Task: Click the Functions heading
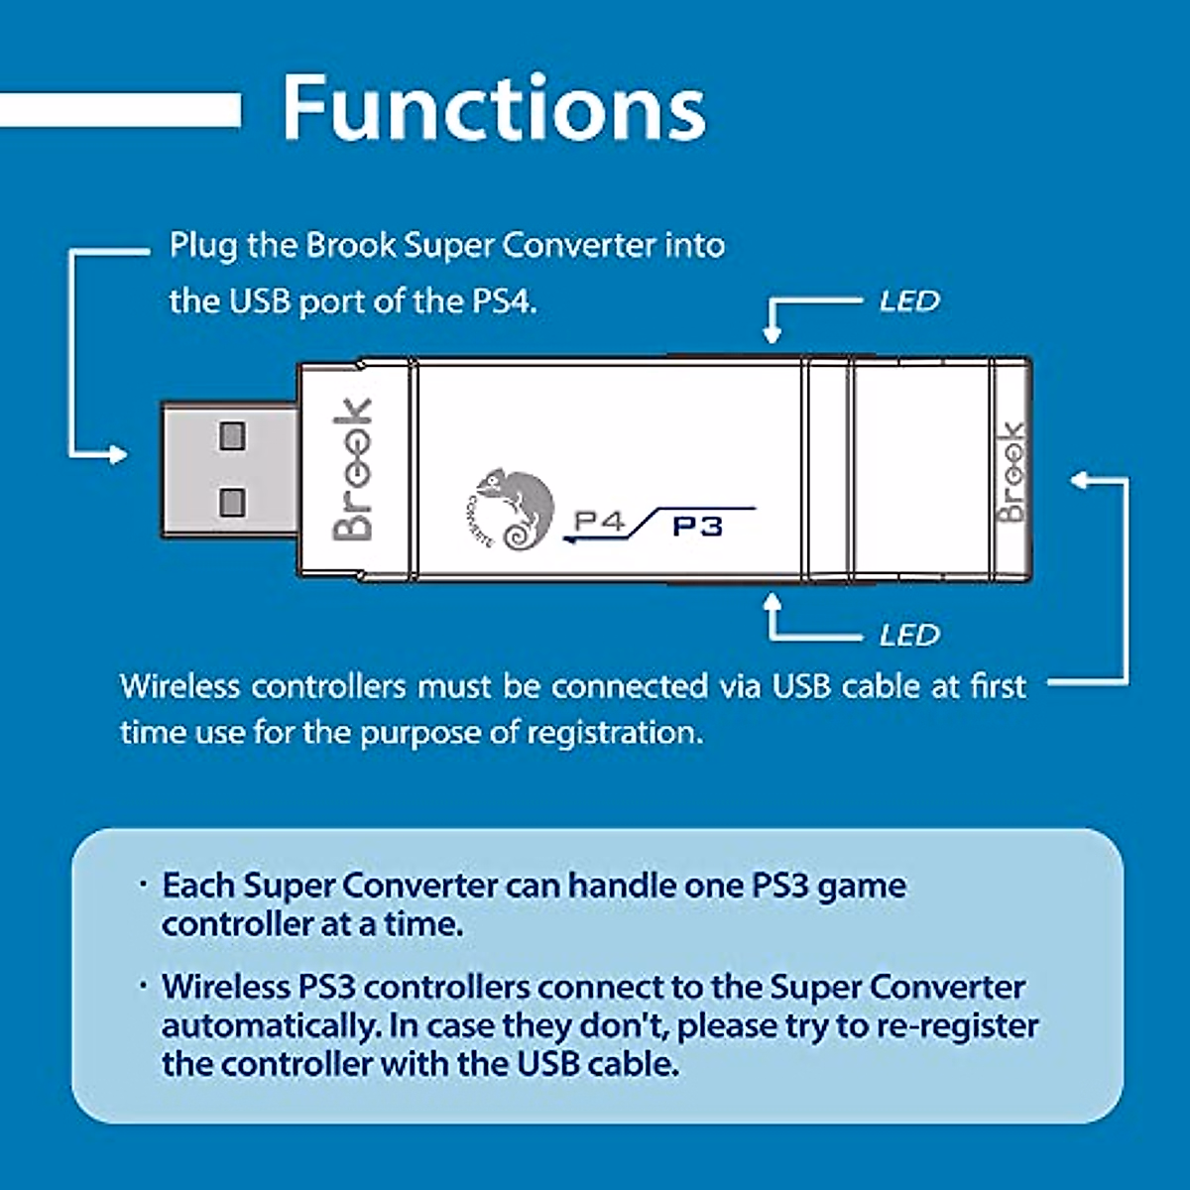[x=494, y=109]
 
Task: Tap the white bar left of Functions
[x=120, y=110]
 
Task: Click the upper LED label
[x=909, y=301]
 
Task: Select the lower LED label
[x=909, y=635]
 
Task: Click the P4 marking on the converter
[x=599, y=522]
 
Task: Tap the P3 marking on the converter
[x=696, y=527]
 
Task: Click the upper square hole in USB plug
[x=232, y=436]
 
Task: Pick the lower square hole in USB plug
[x=232, y=503]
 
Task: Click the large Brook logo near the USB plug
[x=353, y=470]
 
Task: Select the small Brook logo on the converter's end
[x=1011, y=472]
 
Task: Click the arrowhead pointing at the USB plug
[x=117, y=455]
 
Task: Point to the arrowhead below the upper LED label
[x=772, y=334]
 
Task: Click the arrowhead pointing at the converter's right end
[x=1081, y=480]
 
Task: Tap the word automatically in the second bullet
[x=270, y=1025]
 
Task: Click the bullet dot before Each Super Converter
[x=143, y=885]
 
